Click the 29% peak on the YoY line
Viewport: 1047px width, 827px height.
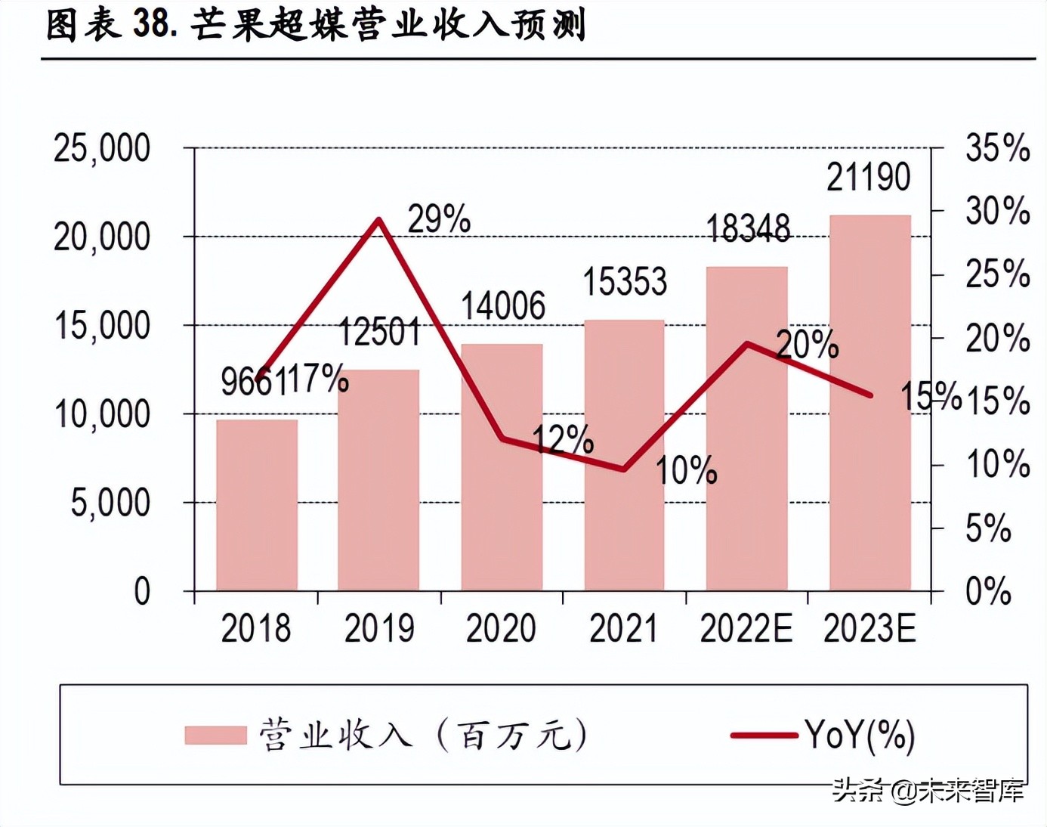point(379,220)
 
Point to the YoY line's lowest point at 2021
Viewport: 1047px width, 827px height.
point(624,469)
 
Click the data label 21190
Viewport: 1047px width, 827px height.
point(868,178)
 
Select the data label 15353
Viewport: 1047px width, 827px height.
point(625,282)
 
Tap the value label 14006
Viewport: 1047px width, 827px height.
point(503,306)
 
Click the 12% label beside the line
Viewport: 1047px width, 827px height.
point(563,439)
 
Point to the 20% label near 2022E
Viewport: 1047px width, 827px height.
point(808,345)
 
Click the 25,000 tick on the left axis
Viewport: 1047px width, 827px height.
point(102,148)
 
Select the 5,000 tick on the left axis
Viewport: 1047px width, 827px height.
point(110,503)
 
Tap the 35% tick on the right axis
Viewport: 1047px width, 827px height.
point(997,148)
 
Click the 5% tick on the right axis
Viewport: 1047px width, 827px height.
point(988,528)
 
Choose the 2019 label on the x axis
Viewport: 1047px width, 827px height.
point(379,629)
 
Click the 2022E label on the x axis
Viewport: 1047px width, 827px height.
point(746,629)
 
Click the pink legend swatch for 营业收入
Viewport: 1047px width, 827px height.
point(216,735)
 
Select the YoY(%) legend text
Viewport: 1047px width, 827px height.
point(860,735)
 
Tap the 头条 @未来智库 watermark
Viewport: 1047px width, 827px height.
point(928,791)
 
